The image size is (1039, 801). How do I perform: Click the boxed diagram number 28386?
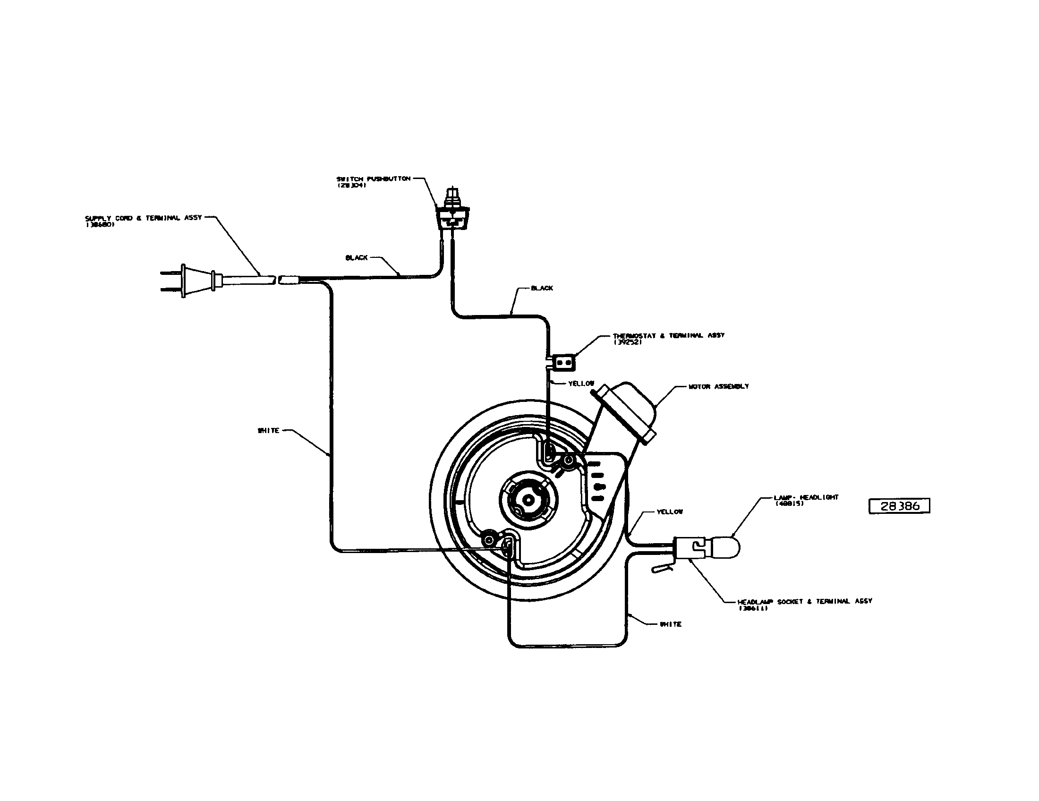click(899, 506)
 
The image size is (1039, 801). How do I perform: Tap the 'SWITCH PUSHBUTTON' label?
click(373, 179)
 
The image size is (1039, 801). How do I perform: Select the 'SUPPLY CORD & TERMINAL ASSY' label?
click(143, 218)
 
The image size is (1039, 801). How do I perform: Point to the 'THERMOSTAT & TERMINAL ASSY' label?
click(668, 335)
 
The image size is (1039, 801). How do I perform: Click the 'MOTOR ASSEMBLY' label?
click(718, 386)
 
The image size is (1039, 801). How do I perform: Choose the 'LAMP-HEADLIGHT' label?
click(806, 497)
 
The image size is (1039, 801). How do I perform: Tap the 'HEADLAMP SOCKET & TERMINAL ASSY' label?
click(804, 601)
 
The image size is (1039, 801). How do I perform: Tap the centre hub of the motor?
click(527, 500)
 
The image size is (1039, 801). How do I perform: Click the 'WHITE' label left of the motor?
click(268, 430)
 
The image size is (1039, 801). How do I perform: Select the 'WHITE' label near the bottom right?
click(670, 624)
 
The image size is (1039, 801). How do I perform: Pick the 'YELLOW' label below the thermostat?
click(581, 383)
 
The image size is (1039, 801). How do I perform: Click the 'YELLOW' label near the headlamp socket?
click(669, 512)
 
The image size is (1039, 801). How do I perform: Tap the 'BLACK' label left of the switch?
click(356, 257)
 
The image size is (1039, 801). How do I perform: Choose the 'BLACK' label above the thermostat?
click(542, 288)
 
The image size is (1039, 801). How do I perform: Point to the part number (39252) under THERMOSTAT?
click(628, 342)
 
